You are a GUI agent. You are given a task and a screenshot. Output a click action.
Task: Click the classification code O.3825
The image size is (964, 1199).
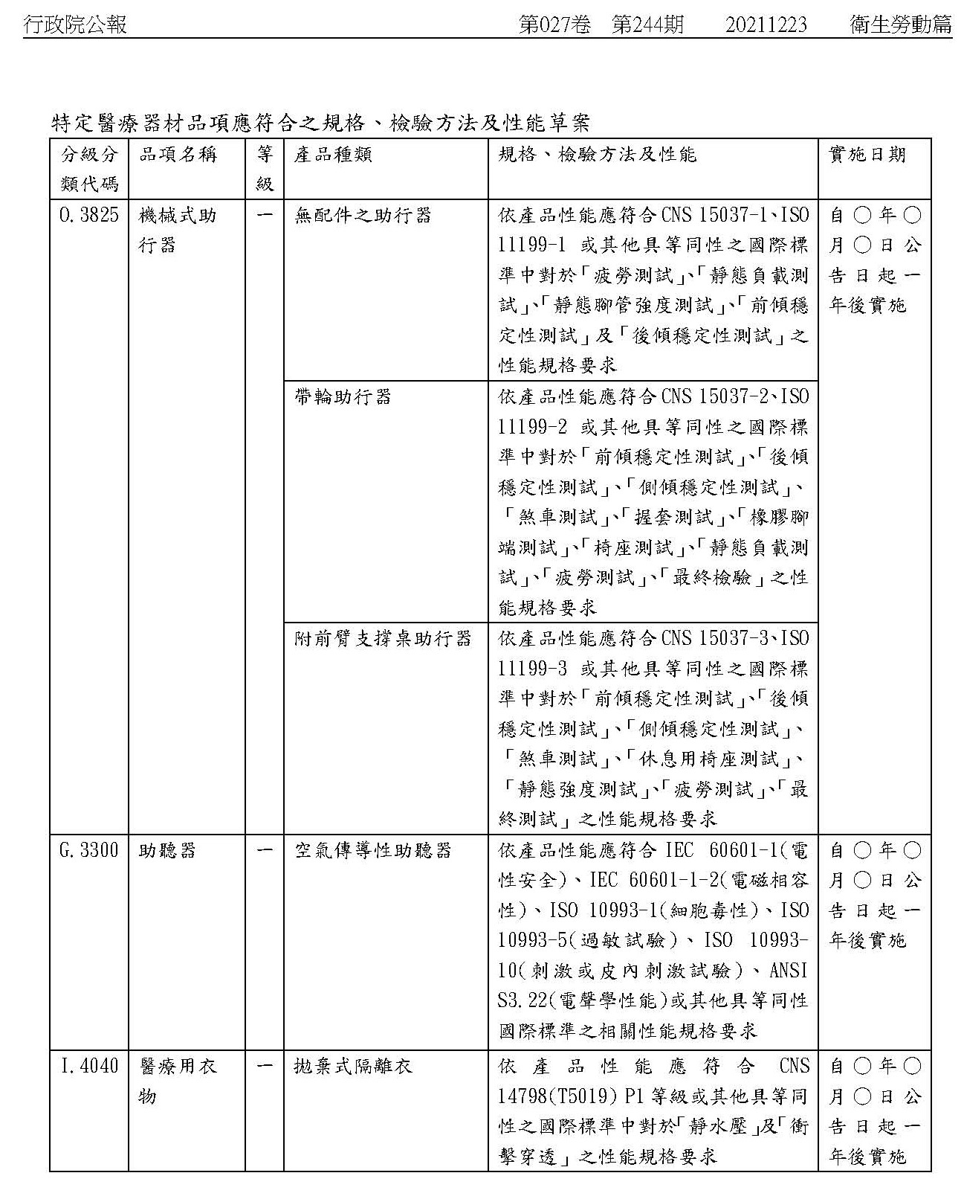(x=88, y=216)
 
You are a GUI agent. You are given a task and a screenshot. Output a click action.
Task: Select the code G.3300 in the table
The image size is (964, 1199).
(x=88, y=850)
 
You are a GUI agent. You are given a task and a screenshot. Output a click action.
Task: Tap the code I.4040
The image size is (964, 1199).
(x=88, y=1066)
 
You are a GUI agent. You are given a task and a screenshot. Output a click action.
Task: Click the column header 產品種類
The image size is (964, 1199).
(x=334, y=155)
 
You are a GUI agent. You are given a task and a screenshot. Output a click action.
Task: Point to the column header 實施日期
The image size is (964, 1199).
(x=867, y=155)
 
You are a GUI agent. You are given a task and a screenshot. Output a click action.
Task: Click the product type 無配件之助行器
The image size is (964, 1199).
(x=363, y=216)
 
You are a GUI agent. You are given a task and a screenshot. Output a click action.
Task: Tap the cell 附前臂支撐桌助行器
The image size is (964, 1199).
(x=383, y=639)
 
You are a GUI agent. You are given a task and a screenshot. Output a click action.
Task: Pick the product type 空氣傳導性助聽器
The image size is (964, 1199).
(x=373, y=850)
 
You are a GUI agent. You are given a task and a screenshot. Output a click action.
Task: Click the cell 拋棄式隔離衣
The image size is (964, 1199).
(x=353, y=1066)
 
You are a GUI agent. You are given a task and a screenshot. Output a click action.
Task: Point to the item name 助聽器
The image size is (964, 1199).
(x=168, y=850)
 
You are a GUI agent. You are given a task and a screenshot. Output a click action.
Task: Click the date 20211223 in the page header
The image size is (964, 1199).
(x=766, y=25)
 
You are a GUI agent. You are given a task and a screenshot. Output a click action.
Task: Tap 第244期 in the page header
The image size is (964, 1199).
(x=647, y=25)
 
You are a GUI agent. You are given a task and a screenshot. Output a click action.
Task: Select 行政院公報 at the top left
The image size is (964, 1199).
(x=75, y=25)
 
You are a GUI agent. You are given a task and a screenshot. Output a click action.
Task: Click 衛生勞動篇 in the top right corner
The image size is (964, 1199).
(x=901, y=25)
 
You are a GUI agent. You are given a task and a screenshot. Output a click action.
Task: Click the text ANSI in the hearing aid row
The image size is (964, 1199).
(x=789, y=971)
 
